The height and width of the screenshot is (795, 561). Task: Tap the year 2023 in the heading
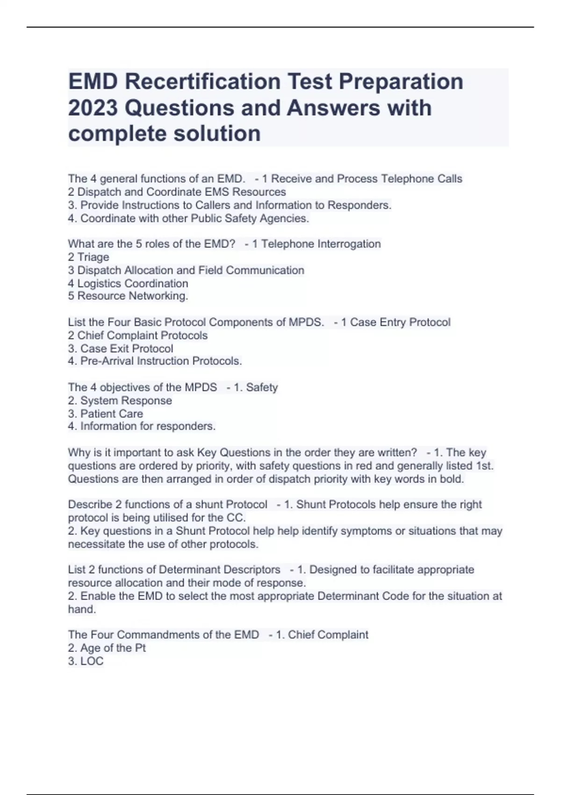(93, 108)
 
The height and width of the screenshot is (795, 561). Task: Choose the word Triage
(93, 257)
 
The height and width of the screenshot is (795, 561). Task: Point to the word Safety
(262, 387)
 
